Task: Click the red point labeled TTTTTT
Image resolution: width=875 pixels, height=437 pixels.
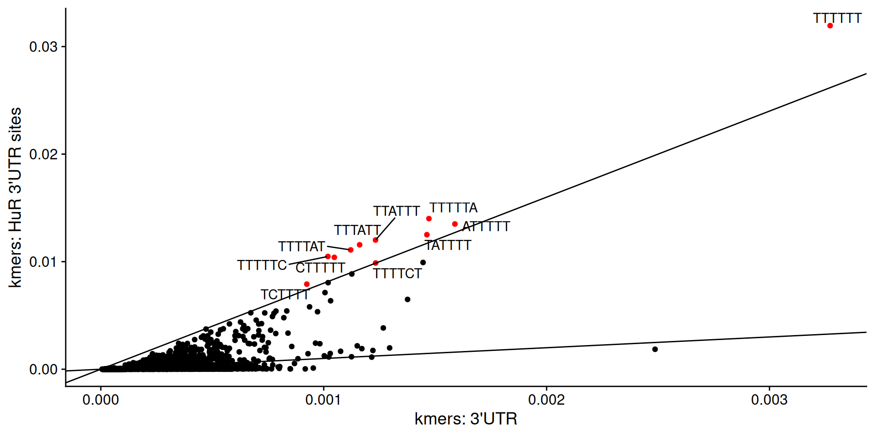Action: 830,26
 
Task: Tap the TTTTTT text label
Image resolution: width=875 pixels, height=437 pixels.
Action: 837,18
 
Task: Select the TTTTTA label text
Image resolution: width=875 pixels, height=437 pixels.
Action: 453,208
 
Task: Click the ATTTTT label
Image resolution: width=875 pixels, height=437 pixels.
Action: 486,227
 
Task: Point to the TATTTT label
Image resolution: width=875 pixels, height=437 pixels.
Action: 448,245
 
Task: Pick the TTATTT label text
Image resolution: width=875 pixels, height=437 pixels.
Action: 396,211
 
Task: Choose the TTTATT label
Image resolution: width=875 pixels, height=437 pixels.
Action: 357,230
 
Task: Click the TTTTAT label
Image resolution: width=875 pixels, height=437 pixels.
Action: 302,247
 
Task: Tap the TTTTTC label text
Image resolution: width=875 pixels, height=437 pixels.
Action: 262,265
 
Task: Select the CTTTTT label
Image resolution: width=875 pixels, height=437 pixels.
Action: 320,268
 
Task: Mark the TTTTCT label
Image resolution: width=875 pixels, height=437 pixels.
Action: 397,274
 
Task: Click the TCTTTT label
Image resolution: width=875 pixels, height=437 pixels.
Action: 285,295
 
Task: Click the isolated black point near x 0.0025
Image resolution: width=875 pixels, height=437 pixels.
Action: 655,349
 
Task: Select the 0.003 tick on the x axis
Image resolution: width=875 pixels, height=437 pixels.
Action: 769,400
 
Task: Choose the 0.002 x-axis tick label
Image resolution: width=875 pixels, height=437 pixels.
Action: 546,400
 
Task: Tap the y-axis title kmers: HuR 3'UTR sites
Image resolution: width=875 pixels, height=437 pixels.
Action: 15,197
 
